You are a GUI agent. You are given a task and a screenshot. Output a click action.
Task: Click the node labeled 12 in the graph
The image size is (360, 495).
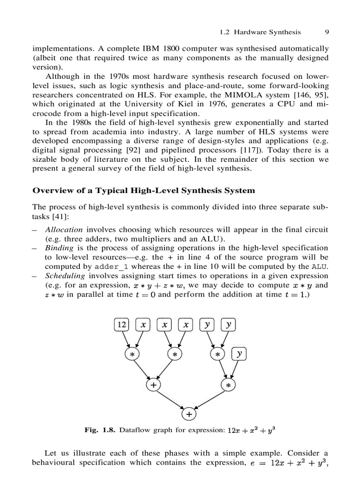click(121, 325)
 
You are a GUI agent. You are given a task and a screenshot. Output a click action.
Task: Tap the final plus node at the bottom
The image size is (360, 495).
click(189, 414)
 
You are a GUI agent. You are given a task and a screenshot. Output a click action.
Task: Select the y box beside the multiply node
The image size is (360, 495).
click(239, 354)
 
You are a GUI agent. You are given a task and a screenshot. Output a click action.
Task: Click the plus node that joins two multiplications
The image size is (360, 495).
click(153, 385)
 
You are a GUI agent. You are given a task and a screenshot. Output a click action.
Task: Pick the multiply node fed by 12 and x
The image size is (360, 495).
click(131, 354)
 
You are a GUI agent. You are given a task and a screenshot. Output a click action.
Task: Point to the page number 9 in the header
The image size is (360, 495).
click(327, 32)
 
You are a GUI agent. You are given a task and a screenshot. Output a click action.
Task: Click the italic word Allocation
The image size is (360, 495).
click(64, 230)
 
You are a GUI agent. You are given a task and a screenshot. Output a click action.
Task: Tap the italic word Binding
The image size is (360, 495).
click(59, 248)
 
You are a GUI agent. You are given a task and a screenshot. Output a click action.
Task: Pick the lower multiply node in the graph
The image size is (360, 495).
click(228, 385)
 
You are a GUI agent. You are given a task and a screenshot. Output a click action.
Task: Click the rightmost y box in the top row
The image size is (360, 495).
click(229, 325)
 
